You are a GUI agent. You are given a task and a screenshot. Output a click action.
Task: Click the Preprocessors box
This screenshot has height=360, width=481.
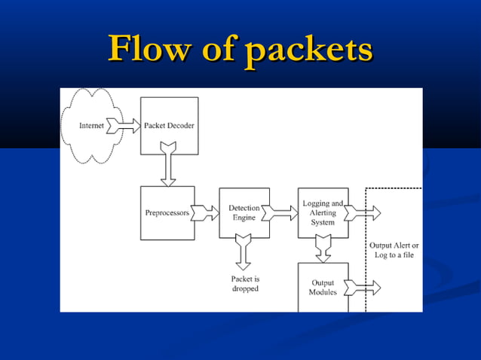[x=167, y=213]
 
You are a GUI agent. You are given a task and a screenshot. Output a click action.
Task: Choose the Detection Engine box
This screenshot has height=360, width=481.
[x=244, y=213]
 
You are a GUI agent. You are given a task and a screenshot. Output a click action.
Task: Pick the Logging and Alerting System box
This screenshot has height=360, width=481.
[x=323, y=213]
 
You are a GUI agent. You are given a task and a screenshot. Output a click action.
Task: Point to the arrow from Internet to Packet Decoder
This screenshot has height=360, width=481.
[x=123, y=126]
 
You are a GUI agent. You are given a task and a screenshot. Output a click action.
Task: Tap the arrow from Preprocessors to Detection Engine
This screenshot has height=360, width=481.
[x=206, y=213]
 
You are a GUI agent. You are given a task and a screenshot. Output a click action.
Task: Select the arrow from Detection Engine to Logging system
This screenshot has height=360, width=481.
[x=283, y=213]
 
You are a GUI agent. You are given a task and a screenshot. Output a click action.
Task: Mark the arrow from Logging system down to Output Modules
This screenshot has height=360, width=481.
[x=323, y=249]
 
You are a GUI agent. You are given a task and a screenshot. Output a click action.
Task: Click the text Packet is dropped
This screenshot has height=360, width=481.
[x=245, y=283]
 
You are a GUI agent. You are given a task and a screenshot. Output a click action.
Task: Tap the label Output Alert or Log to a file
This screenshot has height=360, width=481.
[x=394, y=250]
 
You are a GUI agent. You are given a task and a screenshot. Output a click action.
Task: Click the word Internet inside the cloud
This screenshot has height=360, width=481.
[x=91, y=126]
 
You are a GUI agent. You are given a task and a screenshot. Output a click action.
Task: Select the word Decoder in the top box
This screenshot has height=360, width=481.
[x=181, y=125]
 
